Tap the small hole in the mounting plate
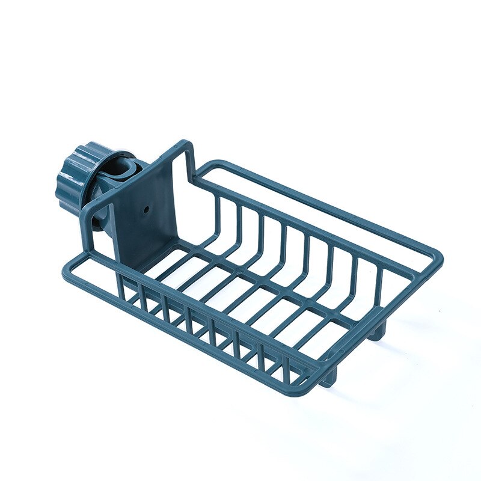[x=147, y=210]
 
